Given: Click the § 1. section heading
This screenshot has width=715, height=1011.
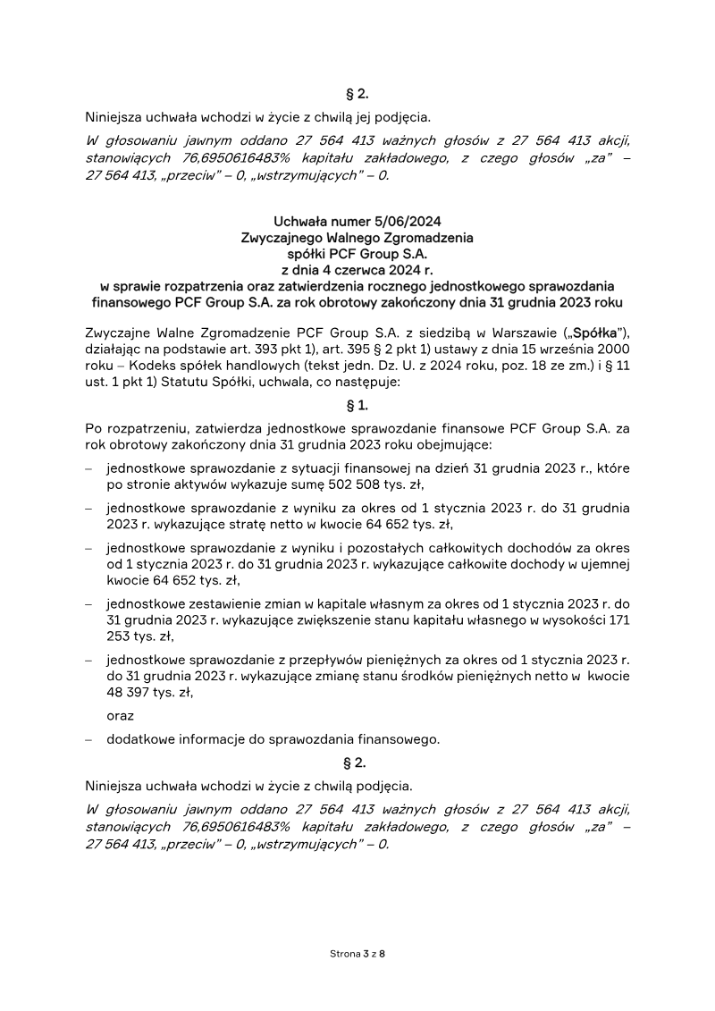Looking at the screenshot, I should [357, 404].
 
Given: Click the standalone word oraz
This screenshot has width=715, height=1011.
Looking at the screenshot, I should [120, 716].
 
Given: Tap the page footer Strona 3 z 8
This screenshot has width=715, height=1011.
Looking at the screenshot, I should [357, 955].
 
